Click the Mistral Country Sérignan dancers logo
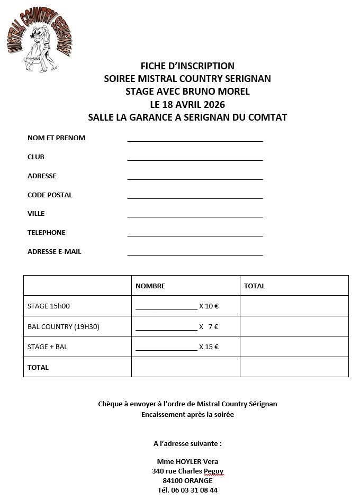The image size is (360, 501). (x=40, y=42)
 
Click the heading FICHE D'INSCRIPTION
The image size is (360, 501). (x=187, y=66)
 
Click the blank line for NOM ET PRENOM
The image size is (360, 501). (x=195, y=140)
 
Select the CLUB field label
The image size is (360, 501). (x=36, y=157)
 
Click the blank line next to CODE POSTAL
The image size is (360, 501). (x=195, y=197)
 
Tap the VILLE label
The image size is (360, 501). (x=36, y=214)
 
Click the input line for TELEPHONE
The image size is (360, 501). (x=195, y=234)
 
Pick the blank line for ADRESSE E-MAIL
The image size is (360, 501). (x=195, y=253)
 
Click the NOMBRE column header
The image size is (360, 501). (x=150, y=286)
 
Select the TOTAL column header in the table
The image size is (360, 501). (x=255, y=286)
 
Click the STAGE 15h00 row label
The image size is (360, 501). (x=49, y=306)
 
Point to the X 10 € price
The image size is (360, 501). (x=209, y=306)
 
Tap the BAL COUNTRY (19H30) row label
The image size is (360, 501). (x=64, y=327)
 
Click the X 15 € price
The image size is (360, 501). (x=209, y=347)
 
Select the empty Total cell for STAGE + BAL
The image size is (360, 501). (x=294, y=347)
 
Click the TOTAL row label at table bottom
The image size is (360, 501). (x=38, y=368)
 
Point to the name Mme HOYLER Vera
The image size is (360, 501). (x=187, y=462)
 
